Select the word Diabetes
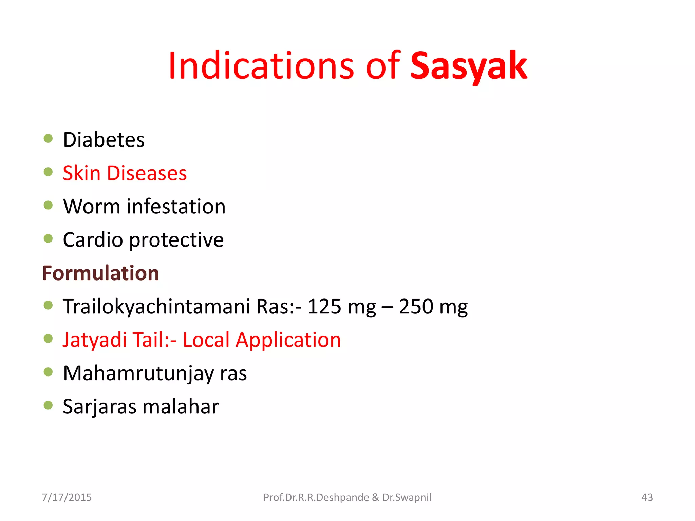coord(104,140)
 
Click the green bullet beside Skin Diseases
coord(48,172)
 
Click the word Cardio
coord(93,240)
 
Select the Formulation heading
coord(101,273)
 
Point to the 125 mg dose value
coord(341,307)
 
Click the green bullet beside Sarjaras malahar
coord(48,405)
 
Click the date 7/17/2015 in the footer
coord(67,497)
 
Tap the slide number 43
coord(647,497)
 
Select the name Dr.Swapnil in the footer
coord(407,497)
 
